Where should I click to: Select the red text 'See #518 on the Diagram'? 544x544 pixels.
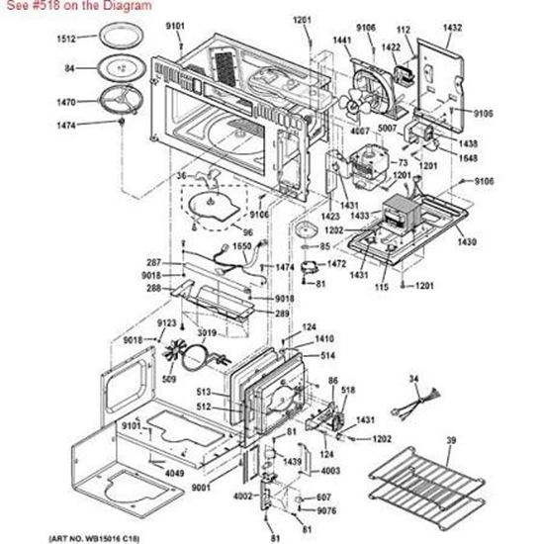coord(76,6)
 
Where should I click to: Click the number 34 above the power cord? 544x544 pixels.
coord(413,379)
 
